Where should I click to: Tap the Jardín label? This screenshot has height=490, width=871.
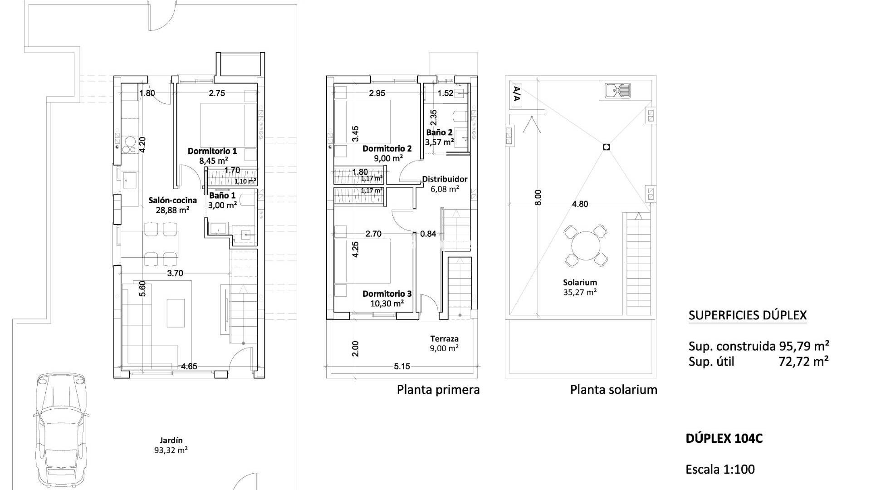[171, 440]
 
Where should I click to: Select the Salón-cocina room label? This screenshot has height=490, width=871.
[173, 200]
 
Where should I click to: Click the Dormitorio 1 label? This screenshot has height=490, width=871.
[212, 151]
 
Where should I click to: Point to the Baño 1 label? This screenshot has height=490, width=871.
[222, 196]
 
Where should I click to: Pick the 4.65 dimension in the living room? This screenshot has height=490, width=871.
[189, 366]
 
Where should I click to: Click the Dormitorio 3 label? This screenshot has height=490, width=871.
[387, 294]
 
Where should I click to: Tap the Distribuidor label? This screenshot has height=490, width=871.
[445, 179]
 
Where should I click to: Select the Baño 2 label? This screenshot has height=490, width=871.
[439, 132]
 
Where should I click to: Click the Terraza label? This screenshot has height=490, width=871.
[444, 338]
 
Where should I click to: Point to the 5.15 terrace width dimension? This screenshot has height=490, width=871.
[401, 366]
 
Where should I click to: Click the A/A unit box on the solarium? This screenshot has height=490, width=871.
[516, 95]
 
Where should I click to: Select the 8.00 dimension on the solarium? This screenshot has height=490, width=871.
[538, 197]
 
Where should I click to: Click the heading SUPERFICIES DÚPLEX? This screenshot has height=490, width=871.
[748, 315]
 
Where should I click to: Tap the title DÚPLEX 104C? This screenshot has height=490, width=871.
[724, 439]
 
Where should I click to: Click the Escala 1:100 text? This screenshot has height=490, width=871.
[720, 469]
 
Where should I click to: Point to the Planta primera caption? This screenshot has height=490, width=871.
[438, 389]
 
